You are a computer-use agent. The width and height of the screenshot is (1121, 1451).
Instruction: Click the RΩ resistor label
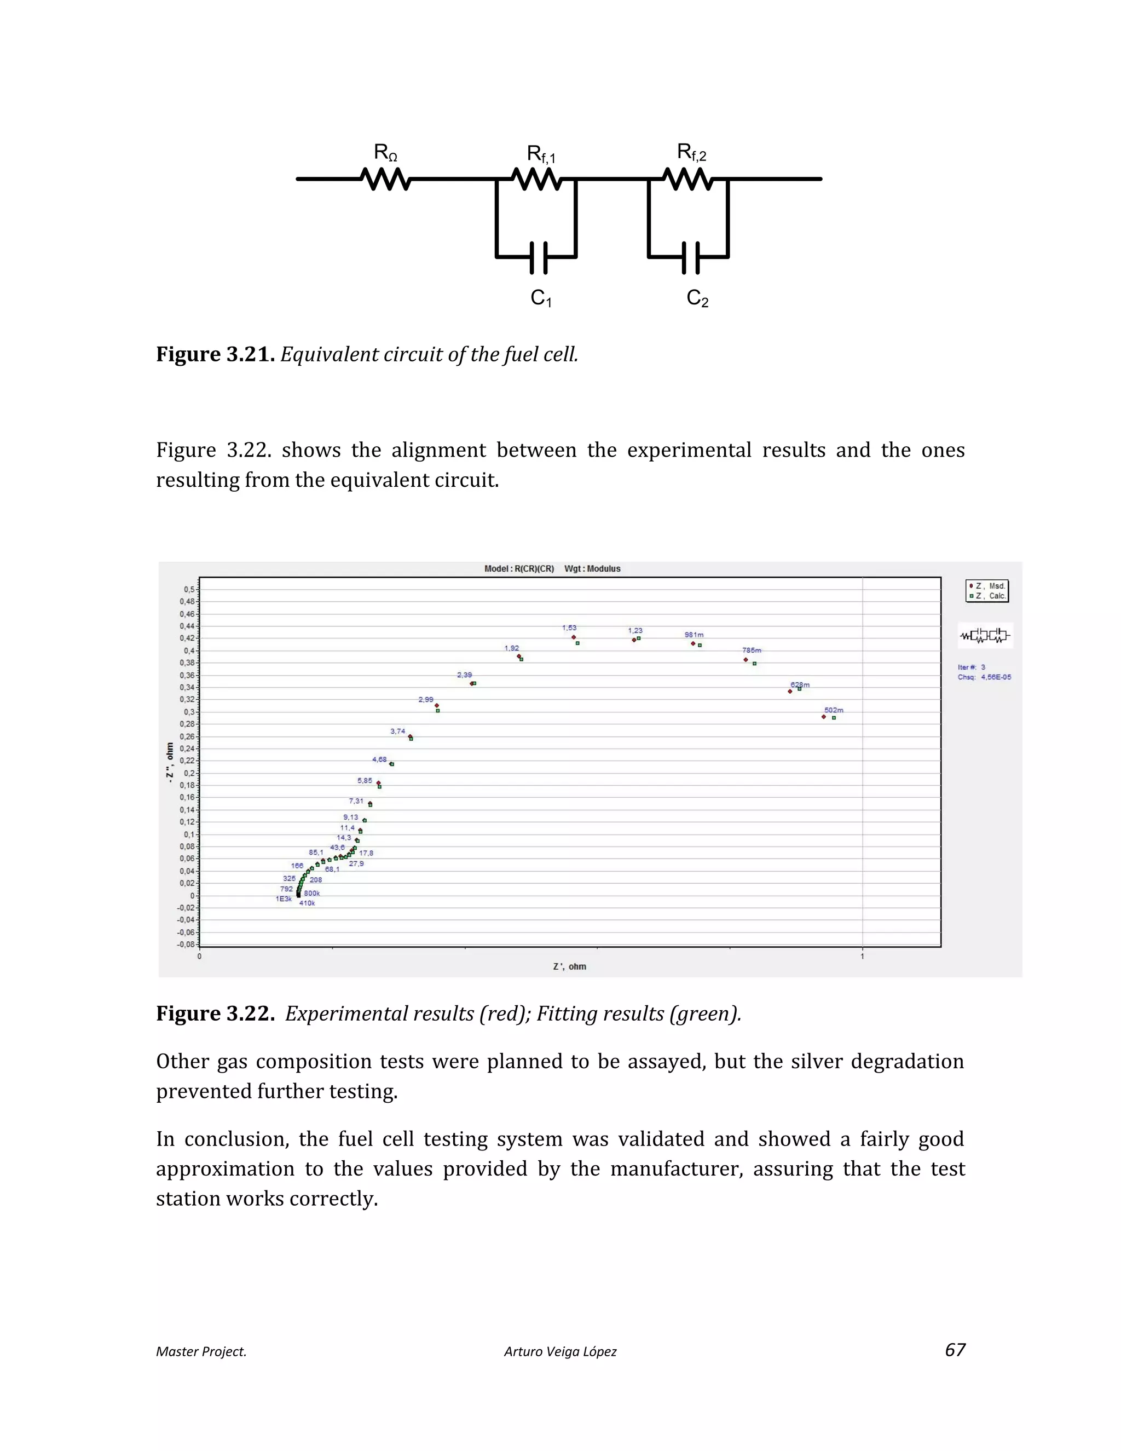point(385,153)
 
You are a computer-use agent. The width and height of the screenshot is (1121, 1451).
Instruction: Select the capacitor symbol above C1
point(539,258)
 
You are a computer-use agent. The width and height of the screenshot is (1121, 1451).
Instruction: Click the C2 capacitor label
point(697,298)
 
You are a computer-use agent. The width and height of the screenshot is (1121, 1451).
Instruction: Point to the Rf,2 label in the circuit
point(691,153)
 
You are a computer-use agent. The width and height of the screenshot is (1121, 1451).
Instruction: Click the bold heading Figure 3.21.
point(215,354)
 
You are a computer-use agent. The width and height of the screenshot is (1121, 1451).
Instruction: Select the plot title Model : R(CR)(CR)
point(519,569)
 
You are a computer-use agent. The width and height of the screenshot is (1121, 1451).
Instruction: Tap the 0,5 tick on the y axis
point(189,589)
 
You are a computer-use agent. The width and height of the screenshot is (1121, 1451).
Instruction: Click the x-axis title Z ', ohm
point(569,966)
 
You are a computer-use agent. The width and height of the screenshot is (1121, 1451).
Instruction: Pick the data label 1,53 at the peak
point(569,628)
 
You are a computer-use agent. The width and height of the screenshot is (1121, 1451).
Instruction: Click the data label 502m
point(834,710)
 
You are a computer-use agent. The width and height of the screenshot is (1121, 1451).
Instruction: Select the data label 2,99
point(426,700)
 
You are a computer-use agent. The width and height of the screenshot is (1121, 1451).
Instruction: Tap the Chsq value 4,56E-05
point(996,677)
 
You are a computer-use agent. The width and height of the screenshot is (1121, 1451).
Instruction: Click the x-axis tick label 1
point(862,956)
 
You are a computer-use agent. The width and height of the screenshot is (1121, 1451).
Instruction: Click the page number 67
point(954,1350)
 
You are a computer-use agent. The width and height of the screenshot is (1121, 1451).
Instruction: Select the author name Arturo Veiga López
point(560,1351)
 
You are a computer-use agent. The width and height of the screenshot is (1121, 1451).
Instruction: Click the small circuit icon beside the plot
point(985,636)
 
